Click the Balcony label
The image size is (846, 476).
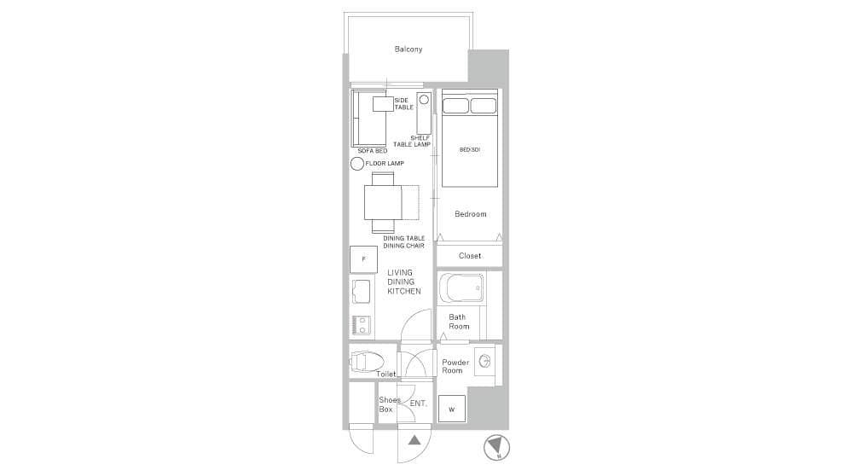coord(409,49)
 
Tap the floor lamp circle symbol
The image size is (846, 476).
coord(356,164)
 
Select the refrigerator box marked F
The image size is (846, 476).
coord(363,259)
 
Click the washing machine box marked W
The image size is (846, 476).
coord(452,409)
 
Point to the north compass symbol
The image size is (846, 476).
coord(496,447)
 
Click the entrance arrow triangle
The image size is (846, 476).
coord(414,440)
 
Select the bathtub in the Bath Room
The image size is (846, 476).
coord(461,288)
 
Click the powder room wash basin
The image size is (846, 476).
coord(484,361)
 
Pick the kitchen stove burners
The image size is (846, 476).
coord(362,325)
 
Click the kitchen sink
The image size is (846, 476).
coord(361,292)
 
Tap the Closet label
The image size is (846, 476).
coord(470,256)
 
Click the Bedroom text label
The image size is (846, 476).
coord(471,214)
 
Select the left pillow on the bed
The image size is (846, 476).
coord(455,106)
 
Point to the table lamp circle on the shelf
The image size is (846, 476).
coord(424,100)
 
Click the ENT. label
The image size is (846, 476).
coord(418,403)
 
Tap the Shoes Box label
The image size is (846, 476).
coord(389,404)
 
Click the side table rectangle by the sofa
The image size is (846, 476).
coord(383,104)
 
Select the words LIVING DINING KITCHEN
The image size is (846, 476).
coord(403,282)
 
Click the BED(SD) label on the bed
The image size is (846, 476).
coord(470,149)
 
